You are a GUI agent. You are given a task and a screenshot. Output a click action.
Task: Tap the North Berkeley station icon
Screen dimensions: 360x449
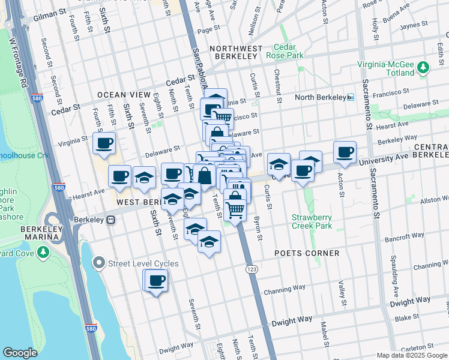click(351, 97)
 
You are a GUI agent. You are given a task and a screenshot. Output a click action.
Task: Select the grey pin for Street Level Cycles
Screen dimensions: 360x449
click(99, 263)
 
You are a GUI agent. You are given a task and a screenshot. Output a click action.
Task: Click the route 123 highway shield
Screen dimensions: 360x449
click(252, 271)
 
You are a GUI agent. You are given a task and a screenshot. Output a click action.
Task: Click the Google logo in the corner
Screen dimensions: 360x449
click(20, 353)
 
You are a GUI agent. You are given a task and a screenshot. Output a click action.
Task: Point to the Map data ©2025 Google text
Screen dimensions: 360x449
click(411, 355)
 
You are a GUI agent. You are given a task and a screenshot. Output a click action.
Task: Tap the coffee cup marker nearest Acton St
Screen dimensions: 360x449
click(345, 152)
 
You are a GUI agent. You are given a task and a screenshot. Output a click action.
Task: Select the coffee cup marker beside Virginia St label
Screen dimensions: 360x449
click(104, 143)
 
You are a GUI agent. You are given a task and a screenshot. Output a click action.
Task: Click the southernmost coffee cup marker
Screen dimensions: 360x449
click(155, 280)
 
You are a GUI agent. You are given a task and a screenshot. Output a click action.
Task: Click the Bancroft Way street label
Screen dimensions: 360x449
click(409, 236)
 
